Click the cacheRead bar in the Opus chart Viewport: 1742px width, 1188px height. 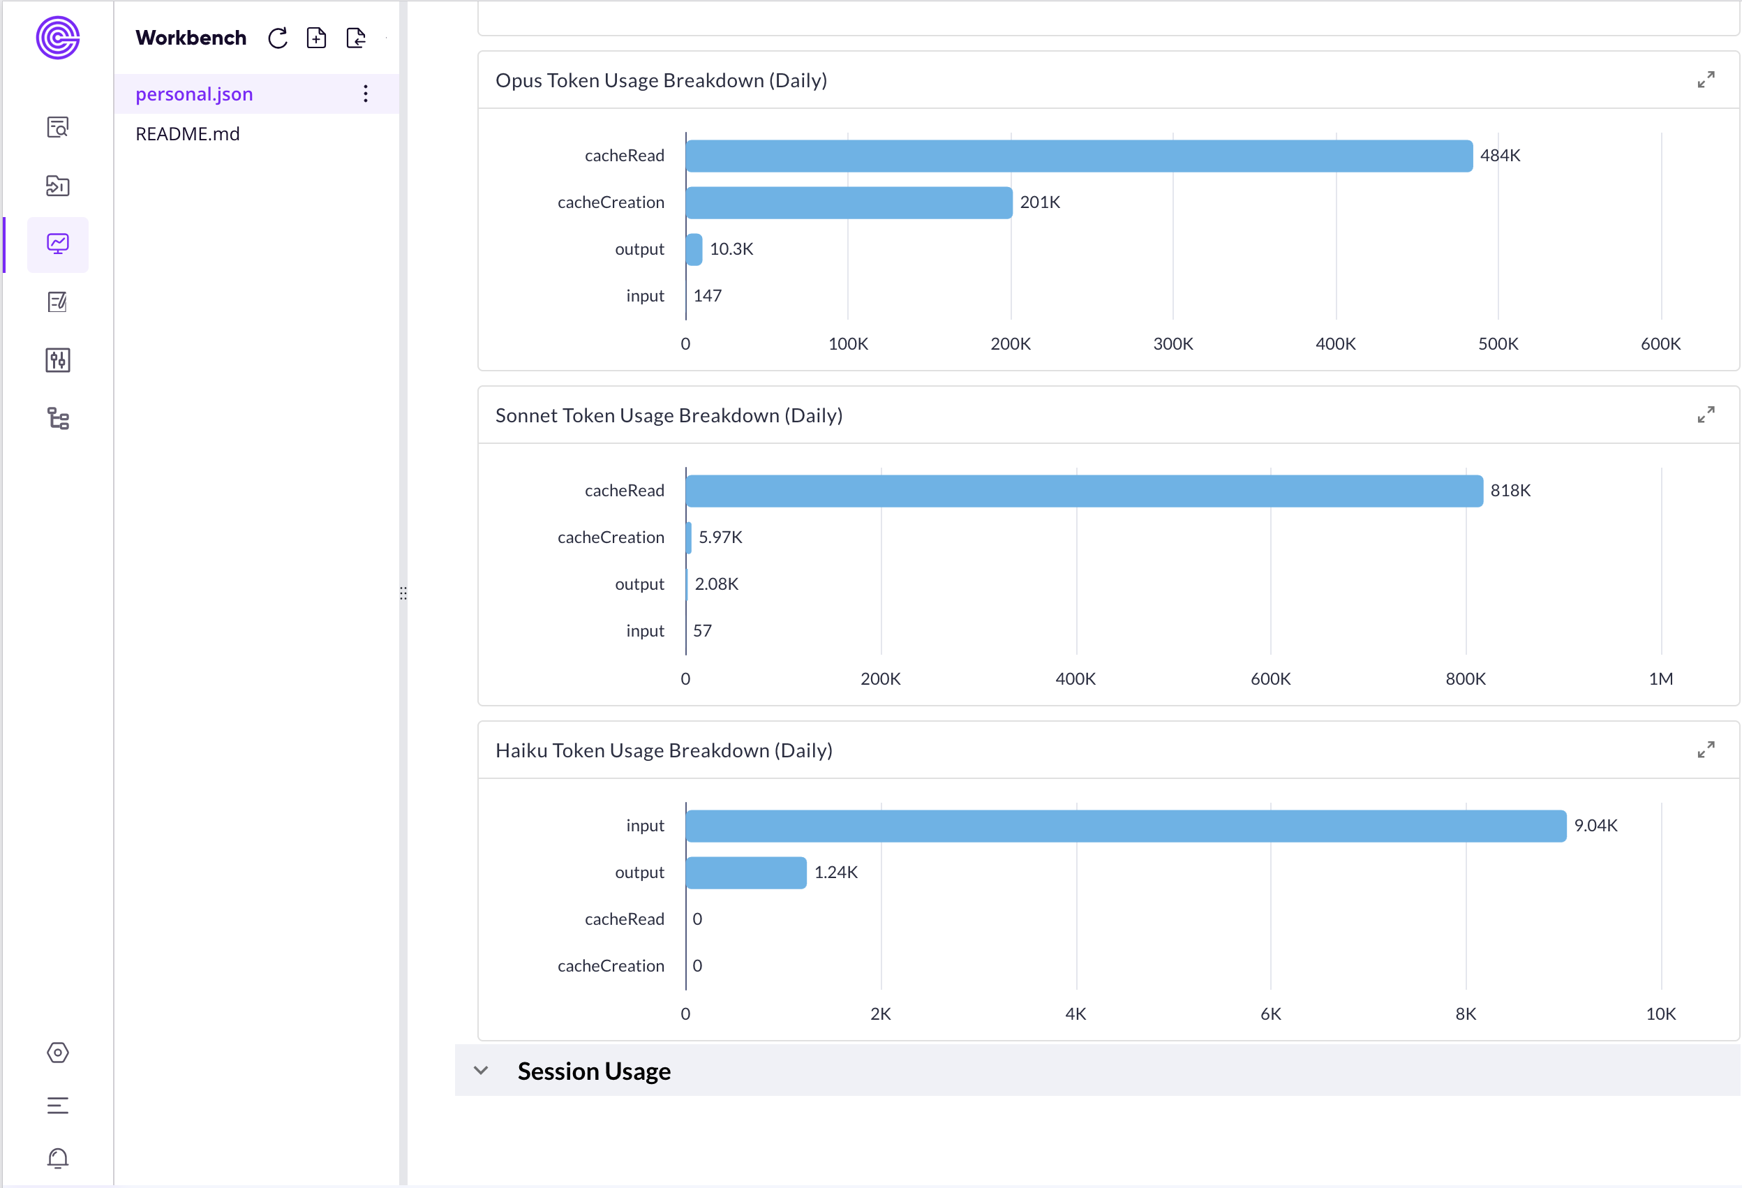[x=1079, y=156]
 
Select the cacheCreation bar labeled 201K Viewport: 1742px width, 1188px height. [x=849, y=202]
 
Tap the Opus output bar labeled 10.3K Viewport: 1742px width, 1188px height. [x=694, y=250]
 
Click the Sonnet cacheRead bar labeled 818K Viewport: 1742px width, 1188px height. [x=1084, y=491]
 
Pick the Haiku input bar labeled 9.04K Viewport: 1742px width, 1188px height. [x=1125, y=826]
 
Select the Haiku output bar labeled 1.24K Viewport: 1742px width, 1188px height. [x=746, y=873]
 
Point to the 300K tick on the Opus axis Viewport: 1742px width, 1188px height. [x=1172, y=344]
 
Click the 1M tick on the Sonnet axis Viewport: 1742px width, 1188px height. [x=1660, y=679]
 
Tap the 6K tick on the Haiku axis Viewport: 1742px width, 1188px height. [x=1270, y=1014]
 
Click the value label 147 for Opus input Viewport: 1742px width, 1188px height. [x=707, y=296]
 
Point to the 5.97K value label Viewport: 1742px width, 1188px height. [x=720, y=537]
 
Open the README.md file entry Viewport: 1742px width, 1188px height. [x=188, y=134]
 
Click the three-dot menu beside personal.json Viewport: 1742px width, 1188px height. [x=365, y=94]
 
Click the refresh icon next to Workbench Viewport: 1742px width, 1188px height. [x=278, y=38]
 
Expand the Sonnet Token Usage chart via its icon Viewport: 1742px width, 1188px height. [x=1705, y=415]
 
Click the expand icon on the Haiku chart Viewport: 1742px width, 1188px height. [x=1705, y=750]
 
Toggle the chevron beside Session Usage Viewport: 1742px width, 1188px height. [x=482, y=1070]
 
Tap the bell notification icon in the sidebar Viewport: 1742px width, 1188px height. [x=58, y=1159]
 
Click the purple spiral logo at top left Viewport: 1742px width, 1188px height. [x=58, y=38]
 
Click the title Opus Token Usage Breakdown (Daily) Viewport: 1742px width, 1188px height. [x=661, y=80]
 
